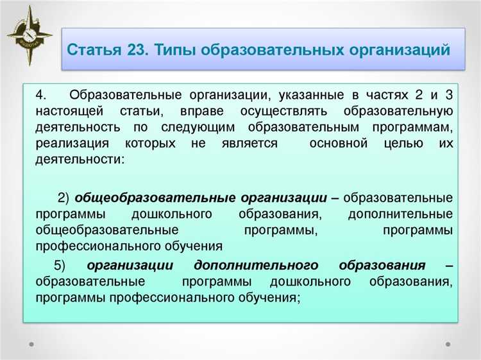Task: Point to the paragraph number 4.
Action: click(40, 96)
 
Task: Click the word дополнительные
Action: click(400, 213)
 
